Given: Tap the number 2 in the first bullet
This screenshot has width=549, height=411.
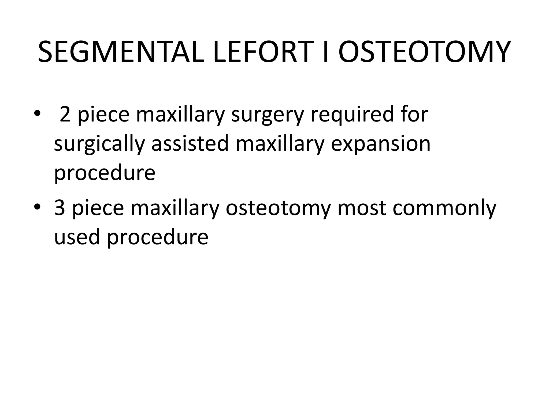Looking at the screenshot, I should tap(65, 114).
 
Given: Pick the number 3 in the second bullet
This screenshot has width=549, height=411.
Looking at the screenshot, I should tap(60, 208).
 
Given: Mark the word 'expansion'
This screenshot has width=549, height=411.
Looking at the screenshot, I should tap(381, 145).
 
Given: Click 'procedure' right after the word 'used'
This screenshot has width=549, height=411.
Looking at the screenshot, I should tap(158, 238).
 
